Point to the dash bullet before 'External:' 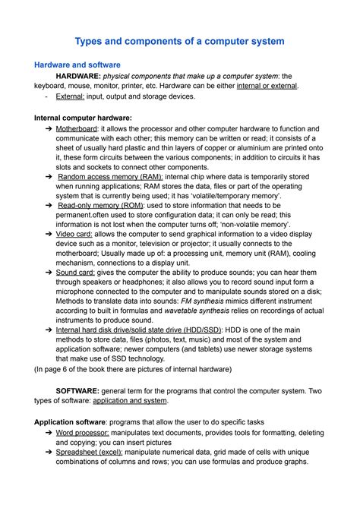tap(47, 96)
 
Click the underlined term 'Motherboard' tap(81, 129)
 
